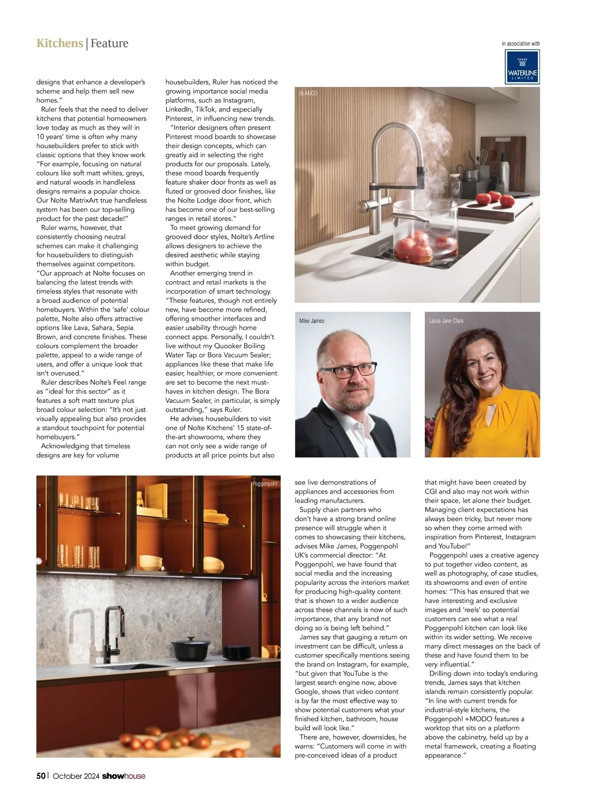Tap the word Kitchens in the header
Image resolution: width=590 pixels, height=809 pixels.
[59, 43]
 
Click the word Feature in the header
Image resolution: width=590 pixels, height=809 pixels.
[109, 43]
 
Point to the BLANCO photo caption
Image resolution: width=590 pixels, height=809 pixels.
[308, 93]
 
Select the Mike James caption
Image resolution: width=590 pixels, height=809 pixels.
[312, 321]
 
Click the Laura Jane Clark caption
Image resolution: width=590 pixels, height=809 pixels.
[446, 321]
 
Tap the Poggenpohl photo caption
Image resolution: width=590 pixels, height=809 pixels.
[265, 484]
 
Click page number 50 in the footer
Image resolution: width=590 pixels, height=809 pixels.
[41, 776]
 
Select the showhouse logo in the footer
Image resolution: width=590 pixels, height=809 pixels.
[123, 776]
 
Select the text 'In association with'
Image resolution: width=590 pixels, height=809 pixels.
[520, 44]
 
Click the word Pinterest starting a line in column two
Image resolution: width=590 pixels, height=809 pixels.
[178, 118]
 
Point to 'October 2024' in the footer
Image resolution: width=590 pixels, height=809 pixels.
[76, 776]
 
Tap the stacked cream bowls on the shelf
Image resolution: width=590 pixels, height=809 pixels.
[150, 562]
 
